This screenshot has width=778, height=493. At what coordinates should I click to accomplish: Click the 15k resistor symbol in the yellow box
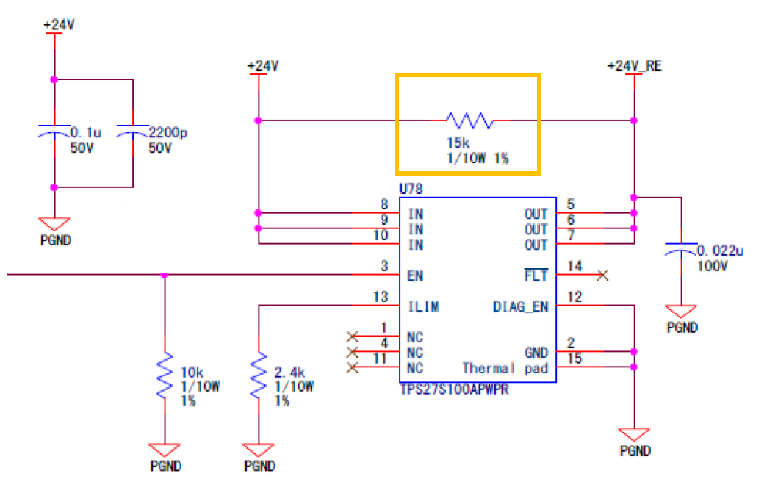(x=470, y=120)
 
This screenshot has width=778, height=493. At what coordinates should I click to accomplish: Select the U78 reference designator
(x=411, y=190)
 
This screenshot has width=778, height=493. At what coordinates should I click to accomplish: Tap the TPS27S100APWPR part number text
(x=454, y=389)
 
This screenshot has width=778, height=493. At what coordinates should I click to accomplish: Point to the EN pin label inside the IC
(x=416, y=276)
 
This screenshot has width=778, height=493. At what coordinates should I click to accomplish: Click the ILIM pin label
(x=423, y=306)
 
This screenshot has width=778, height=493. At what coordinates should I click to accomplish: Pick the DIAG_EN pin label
(x=520, y=306)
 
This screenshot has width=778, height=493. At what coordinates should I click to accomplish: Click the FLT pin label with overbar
(x=536, y=276)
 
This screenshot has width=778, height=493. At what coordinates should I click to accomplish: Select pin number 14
(x=575, y=266)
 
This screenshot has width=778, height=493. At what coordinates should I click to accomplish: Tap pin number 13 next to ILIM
(x=380, y=296)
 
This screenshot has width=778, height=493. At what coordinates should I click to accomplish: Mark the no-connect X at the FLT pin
(x=603, y=276)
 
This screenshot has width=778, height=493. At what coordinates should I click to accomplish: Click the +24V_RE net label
(x=635, y=66)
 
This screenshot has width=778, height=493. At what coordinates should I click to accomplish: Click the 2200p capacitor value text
(x=170, y=133)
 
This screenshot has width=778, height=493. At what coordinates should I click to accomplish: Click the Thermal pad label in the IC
(x=505, y=368)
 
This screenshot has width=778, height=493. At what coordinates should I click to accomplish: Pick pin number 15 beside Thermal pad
(x=575, y=358)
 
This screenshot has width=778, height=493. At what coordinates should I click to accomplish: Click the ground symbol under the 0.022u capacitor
(x=682, y=312)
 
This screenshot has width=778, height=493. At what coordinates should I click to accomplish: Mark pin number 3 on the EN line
(x=383, y=266)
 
